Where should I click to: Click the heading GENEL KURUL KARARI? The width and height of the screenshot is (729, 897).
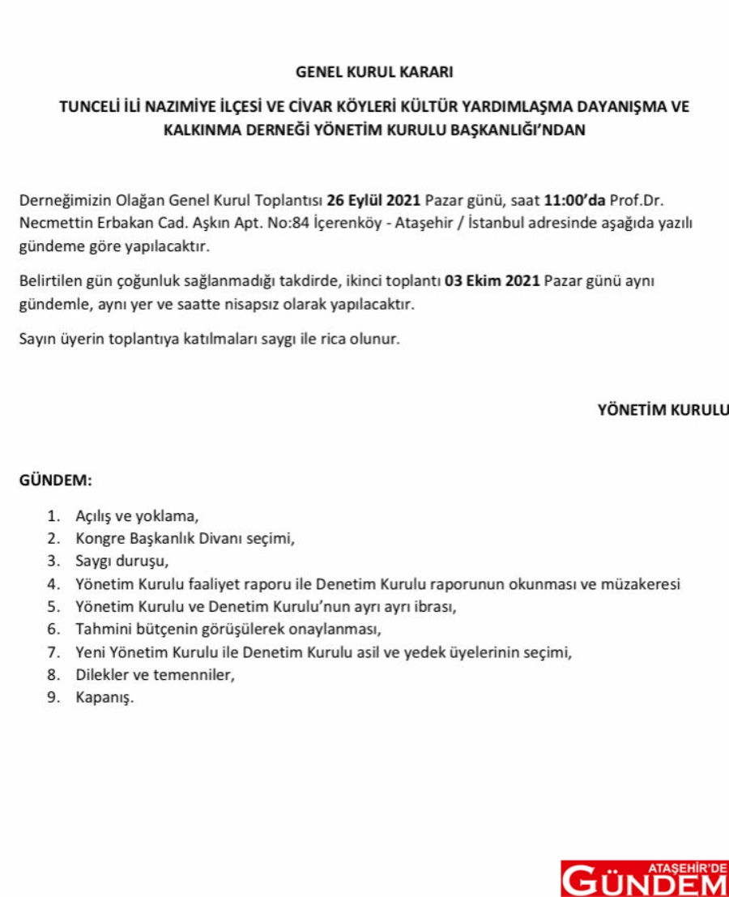[374, 72]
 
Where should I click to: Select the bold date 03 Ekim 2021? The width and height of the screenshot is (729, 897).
[488, 282]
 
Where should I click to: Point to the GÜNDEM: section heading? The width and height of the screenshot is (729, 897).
[55, 480]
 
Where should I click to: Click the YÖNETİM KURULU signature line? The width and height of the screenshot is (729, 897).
[663, 409]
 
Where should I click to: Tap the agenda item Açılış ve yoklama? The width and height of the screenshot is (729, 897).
[137, 515]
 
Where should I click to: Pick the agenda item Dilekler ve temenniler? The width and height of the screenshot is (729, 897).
[156, 674]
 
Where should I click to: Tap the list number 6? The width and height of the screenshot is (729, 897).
[53, 629]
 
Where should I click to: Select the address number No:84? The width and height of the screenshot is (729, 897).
[287, 224]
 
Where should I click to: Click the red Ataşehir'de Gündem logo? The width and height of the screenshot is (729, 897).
[644, 878]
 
